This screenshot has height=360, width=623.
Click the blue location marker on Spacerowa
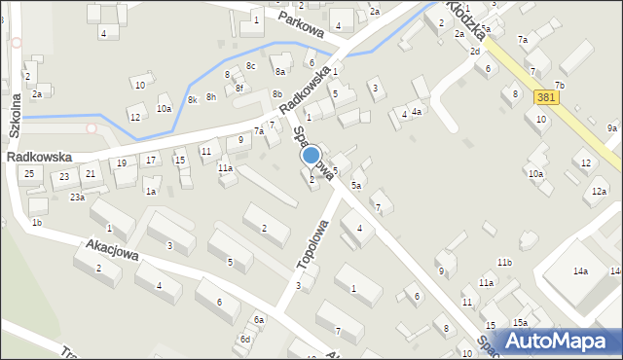tap(311, 155)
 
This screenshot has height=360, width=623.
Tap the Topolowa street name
tap(312, 250)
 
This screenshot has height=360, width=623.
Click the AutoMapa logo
tap(561, 341)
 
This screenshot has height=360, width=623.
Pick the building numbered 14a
tap(580, 271)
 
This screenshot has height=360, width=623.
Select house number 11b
tap(504, 263)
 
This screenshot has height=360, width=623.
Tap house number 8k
tap(193, 99)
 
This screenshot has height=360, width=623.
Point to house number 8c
tap(250, 66)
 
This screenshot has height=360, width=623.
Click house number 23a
tap(77, 197)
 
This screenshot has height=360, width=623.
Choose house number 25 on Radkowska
tap(29, 173)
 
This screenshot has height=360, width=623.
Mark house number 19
tap(122, 162)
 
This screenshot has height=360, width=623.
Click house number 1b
tap(37, 223)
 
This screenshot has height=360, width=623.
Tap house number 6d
tap(246, 339)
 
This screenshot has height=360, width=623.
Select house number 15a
tap(521, 322)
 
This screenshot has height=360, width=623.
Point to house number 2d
tap(475, 51)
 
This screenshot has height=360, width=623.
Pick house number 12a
tap(598, 192)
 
